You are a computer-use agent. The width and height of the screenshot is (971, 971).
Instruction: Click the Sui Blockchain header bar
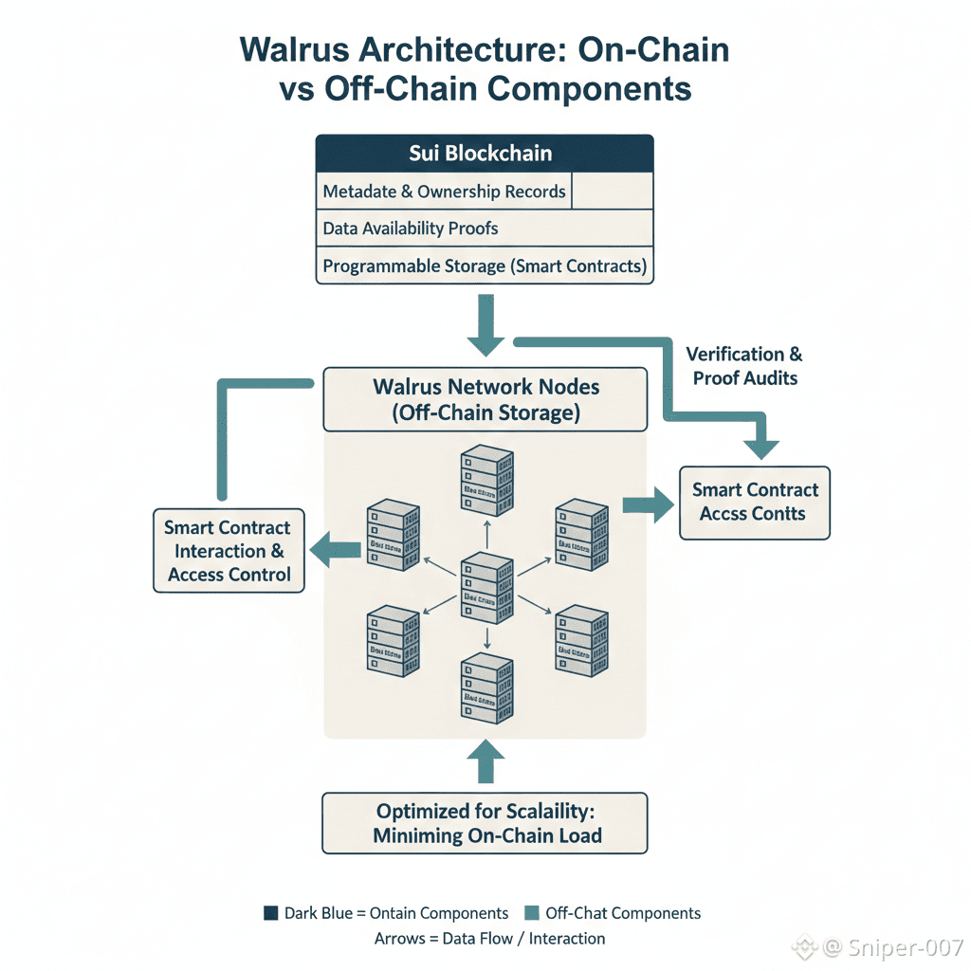(x=485, y=153)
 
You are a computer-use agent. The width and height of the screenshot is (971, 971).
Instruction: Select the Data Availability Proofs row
(x=485, y=229)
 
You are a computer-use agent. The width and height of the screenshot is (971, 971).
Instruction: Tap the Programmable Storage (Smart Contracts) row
(x=485, y=266)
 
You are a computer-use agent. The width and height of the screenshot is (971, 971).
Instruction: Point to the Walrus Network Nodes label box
(x=485, y=399)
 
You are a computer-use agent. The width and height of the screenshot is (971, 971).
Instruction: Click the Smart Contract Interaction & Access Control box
(x=229, y=551)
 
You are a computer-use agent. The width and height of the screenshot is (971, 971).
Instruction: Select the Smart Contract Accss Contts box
(x=755, y=503)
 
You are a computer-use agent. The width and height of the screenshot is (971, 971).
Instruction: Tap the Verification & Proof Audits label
(x=744, y=366)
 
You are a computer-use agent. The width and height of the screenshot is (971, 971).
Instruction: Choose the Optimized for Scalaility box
(x=485, y=824)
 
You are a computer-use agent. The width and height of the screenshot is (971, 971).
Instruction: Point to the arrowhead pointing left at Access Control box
(x=322, y=551)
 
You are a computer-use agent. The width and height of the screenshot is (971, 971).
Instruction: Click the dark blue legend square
(x=270, y=914)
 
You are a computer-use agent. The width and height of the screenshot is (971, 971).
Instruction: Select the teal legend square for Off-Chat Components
(x=531, y=914)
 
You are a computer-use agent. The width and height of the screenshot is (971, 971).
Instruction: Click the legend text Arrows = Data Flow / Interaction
(x=490, y=939)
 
